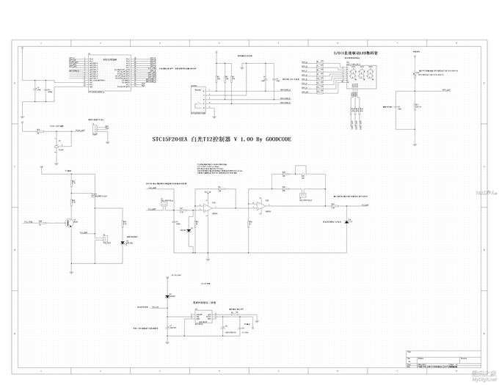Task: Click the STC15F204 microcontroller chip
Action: (x=109, y=73)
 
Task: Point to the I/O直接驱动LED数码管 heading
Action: (x=356, y=54)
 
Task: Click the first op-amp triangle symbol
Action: (x=208, y=210)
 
